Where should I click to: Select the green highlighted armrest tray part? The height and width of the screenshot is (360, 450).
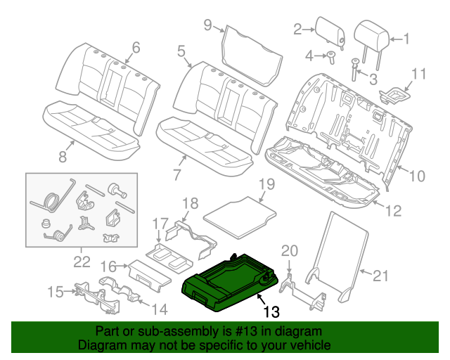click(233, 283)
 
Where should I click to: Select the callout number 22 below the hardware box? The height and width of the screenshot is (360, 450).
click(82, 262)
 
